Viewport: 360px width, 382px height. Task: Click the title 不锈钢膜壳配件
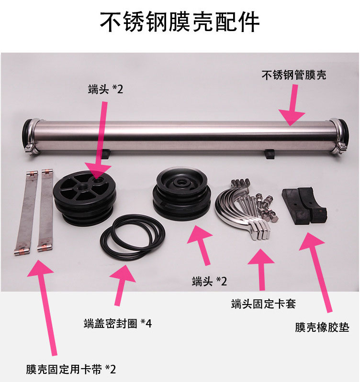coord(180,22)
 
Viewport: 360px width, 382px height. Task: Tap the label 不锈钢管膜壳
coord(294,75)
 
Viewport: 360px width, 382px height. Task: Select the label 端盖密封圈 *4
coord(118,324)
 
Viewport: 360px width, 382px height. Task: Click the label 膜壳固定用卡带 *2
coord(71,370)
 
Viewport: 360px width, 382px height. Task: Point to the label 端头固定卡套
coord(263,304)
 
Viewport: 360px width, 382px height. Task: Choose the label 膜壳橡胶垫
coord(322,327)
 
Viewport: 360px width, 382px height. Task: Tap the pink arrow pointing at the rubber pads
coord(316,273)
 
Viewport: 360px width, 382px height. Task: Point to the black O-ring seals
coord(133,234)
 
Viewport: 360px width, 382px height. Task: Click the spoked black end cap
coord(84,198)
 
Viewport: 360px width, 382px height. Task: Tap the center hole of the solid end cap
coord(181,182)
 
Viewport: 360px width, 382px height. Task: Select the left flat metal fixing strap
coord(26,213)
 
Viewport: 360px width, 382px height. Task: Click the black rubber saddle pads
coord(304,206)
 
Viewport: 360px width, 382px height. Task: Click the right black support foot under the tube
coord(270,154)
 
